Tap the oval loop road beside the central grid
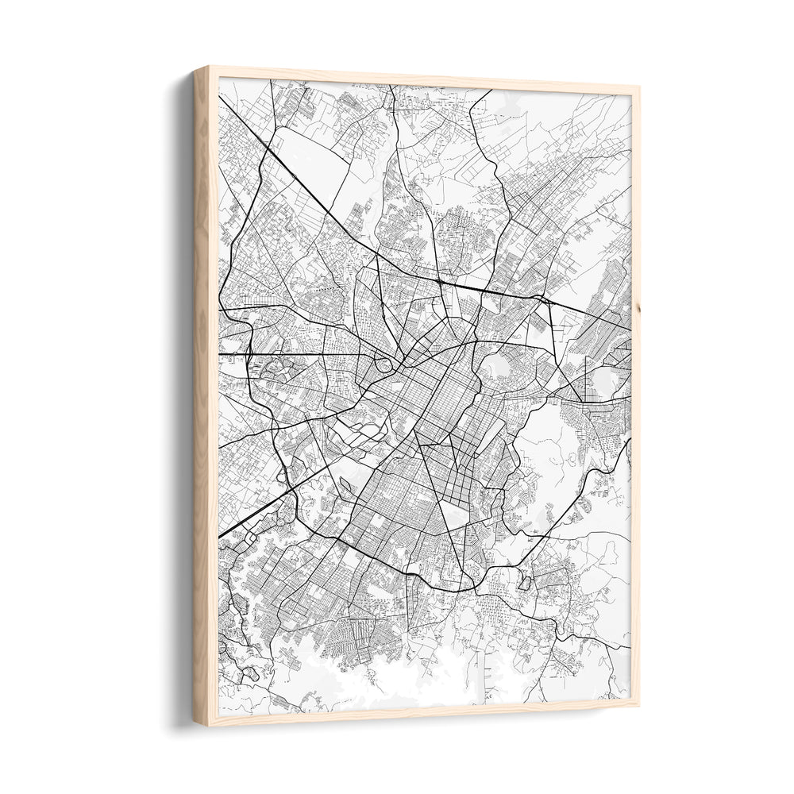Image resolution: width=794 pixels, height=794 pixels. click(x=384, y=365)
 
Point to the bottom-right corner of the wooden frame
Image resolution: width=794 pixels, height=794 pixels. click(x=638, y=704)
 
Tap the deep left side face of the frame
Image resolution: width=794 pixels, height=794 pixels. click(x=202, y=397)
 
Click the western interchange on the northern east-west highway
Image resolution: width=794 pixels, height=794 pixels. click(x=439, y=281)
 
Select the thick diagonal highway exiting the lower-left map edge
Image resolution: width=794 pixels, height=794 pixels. click(x=238, y=524)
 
